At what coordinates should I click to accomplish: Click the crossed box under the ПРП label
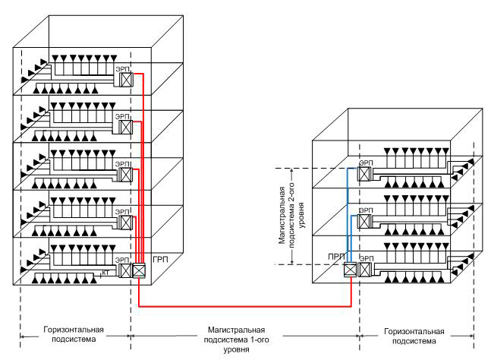click(349, 269)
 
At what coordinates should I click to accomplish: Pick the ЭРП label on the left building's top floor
click(121, 68)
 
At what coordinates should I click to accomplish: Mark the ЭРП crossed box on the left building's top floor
click(127, 79)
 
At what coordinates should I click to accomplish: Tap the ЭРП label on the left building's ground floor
click(121, 257)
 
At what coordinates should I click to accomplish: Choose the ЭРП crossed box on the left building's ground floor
click(127, 268)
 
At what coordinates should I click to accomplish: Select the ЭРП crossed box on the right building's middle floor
click(365, 223)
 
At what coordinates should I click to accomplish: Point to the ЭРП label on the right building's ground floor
click(365, 257)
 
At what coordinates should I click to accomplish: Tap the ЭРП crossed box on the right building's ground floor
click(365, 269)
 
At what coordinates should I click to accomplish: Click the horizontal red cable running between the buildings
click(243, 307)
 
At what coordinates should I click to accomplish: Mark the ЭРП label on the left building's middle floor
click(121, 162)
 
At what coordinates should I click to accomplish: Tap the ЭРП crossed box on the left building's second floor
click(127, 221)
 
